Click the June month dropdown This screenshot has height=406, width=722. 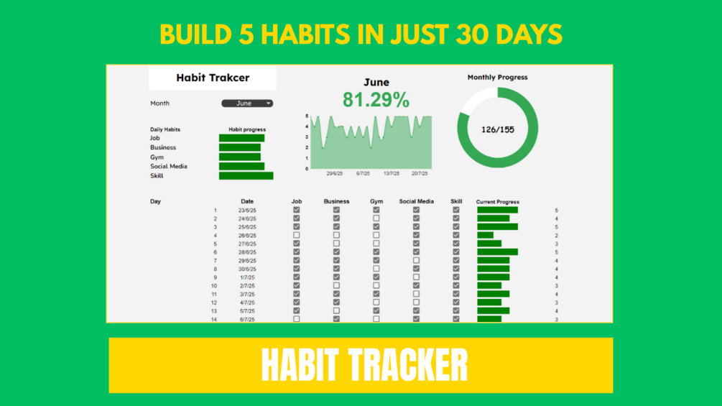[x=247, y=103]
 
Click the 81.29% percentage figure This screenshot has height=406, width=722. [x=376, y=100]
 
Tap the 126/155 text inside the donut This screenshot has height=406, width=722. [x=498, y=130]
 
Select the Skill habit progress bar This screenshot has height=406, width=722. [x=246, y=176]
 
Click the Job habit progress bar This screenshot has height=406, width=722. [x=241, y=138]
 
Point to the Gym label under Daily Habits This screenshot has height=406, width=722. [x=157, y=157]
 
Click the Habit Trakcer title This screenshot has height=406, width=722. [x=213, y=78]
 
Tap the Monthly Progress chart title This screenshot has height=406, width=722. [x=498, y=78]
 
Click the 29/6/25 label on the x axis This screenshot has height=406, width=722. [x=335, y=174]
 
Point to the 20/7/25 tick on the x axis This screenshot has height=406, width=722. [x=420, y=174]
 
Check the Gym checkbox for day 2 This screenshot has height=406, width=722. [x=376, y=218]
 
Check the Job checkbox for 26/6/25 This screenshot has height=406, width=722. [x=297, y=235]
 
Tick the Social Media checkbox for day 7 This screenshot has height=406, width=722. [x=416, y=261]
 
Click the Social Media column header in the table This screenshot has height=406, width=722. [x=416, y=201]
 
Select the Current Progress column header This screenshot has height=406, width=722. [x=498, y=202]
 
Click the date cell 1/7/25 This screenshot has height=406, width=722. [x=247, y=277]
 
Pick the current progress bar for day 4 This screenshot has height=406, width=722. [x=486, y=235]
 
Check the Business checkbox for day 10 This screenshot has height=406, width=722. [x=337, y=286]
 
